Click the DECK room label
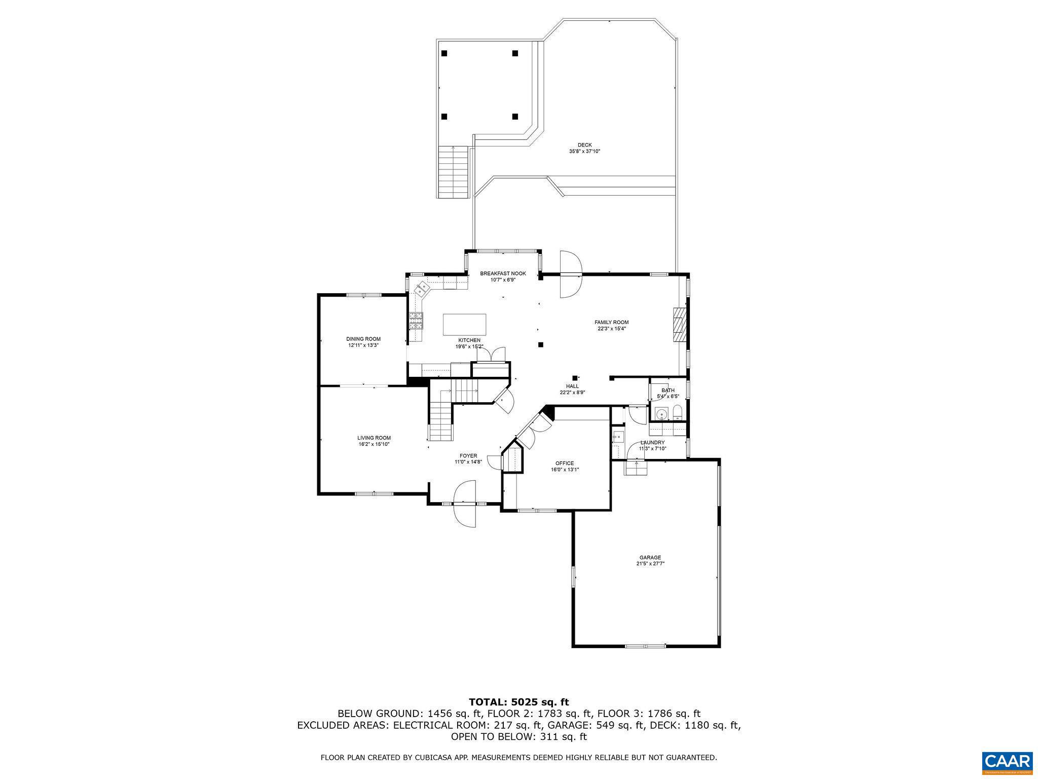(x=584, y=145)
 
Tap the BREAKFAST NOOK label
(x=503, y=274)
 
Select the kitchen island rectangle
(x=464, y=324)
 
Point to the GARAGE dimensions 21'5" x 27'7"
(x=650, y=563)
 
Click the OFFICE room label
(x=564, y=463)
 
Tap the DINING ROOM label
(x=363, y=339)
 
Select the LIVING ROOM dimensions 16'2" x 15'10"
(x=374, y=444)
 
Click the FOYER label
(x=468, y=455)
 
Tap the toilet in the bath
(x=679, y=413)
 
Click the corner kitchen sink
(x=422, y=289)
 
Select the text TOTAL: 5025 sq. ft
(x=518, y=702)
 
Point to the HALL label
(x=572, y=386)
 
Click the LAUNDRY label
(x=652, y=442)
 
